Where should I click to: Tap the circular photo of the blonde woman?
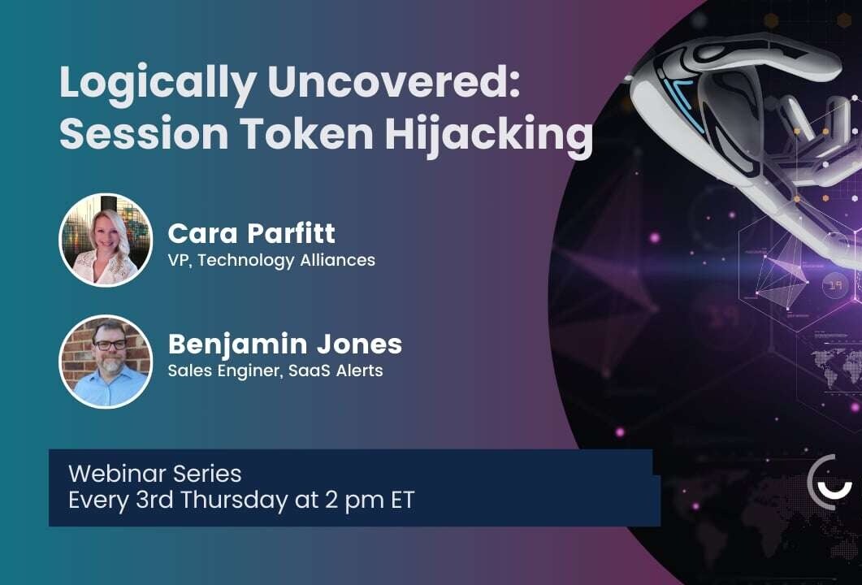(106, 240)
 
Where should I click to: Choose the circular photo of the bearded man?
(106, 361)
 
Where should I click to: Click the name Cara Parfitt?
(251, 234)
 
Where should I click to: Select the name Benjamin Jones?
(284, 344)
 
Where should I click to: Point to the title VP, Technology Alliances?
(271, 261)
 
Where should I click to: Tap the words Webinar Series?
(155, 473)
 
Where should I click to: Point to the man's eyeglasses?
(109, 344)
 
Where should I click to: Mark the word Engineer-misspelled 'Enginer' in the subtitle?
(253, 370)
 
